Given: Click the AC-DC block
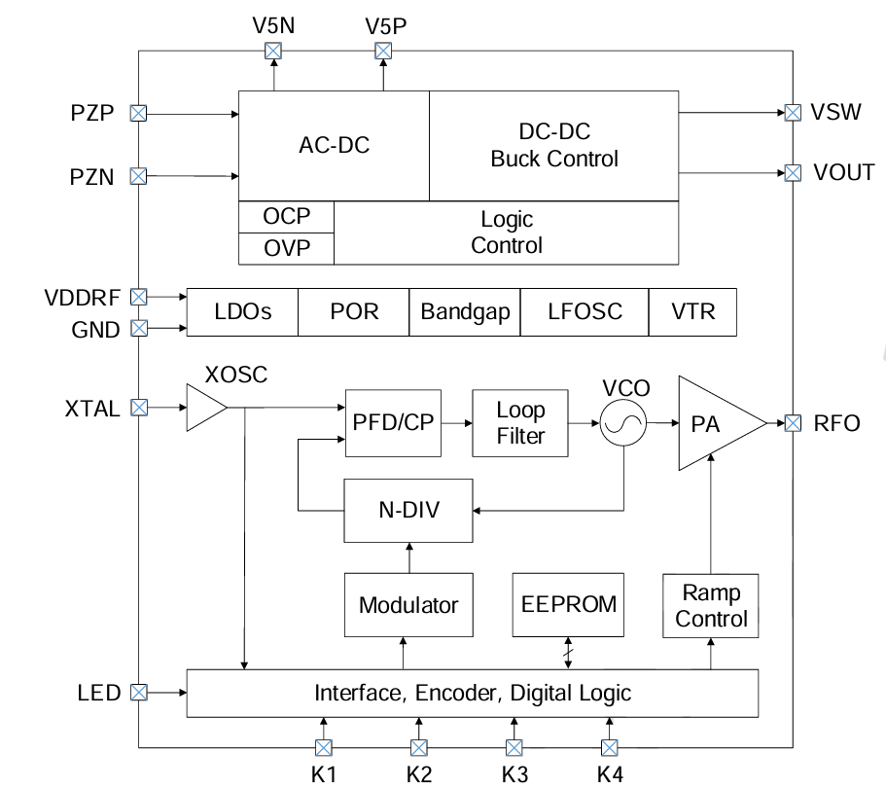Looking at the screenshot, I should [x=334, y=146].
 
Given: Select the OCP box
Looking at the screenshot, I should [x=287, y=216].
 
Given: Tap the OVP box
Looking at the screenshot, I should [x=287, y=248].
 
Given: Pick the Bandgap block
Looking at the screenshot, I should [x=465, y=312].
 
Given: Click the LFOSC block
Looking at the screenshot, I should [x=585, y=312].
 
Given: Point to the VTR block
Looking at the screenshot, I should [x=692, y=312].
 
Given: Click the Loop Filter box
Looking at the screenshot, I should [x=520, y=422].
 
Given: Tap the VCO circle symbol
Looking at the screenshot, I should [x=623, y=424].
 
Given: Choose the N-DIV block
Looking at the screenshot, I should [x=408, y=510].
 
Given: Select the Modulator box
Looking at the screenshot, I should [x=408, y=605].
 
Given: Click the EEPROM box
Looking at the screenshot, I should [x=569, y=604].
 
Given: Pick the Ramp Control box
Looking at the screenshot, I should [x=711, y=605].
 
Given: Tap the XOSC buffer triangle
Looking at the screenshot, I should [x=203, y=408].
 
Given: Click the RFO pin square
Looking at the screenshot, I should [x=794, y=423].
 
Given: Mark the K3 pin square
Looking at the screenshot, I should [x=514, y=747].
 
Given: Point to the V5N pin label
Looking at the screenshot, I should [x=275, y=26].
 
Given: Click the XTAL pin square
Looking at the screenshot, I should [x=139, y=408].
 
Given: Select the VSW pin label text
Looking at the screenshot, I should [x=835, y=112].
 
